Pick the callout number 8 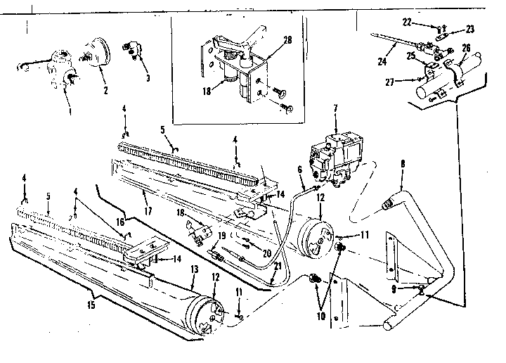coord(403,167)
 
